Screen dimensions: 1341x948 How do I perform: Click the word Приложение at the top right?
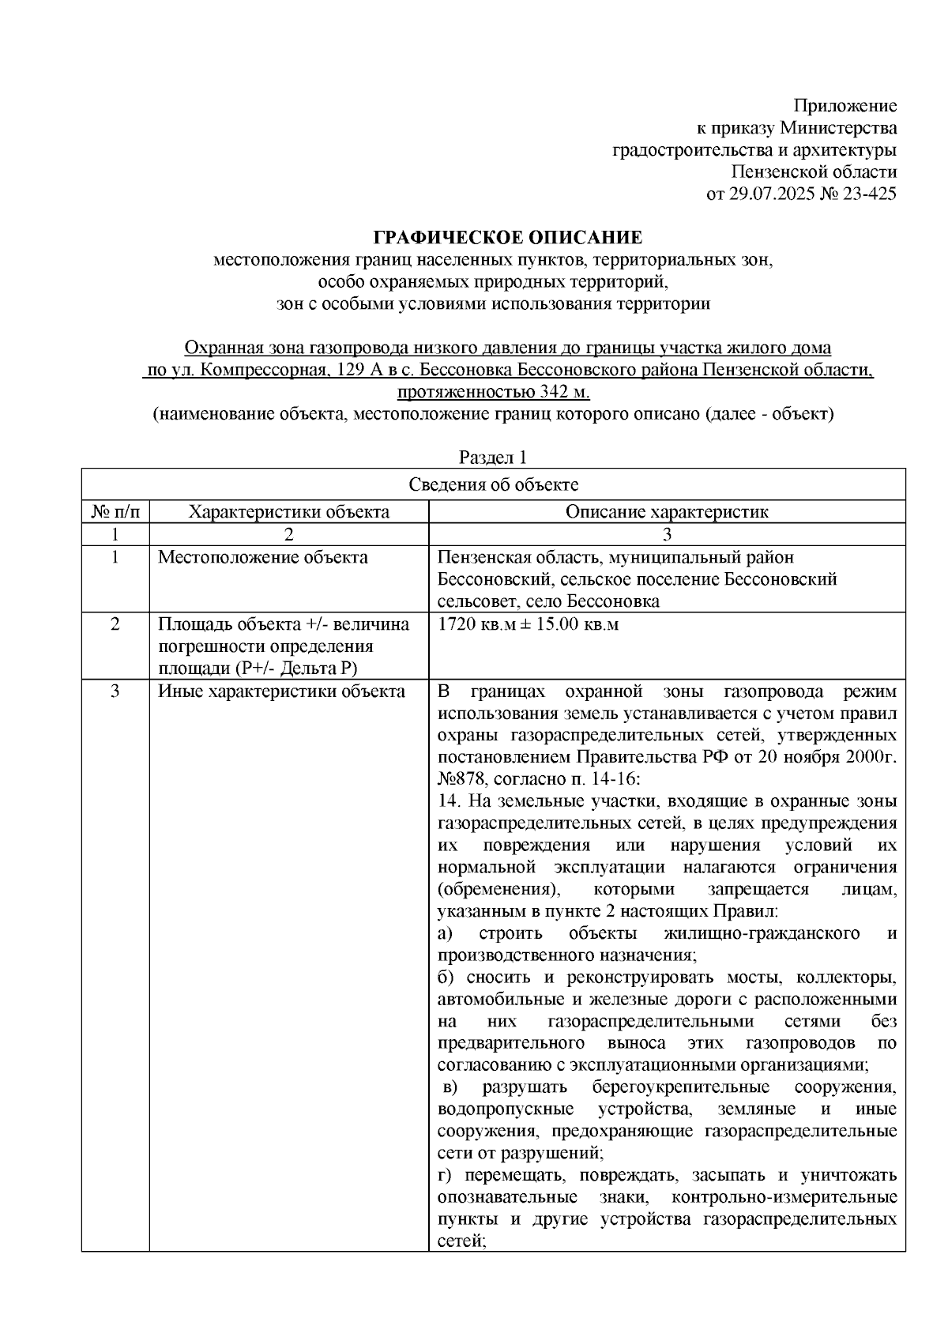(845, 106)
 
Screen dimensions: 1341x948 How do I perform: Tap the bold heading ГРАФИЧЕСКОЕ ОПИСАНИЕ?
(508, 237)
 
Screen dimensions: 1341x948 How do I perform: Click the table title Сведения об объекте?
(493, 484)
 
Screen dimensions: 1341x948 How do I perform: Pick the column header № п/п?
(115, 511)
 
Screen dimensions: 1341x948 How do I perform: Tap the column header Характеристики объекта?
(288, 511)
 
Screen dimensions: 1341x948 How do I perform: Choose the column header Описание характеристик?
(666, 511)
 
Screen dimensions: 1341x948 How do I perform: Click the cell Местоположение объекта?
(263, 557)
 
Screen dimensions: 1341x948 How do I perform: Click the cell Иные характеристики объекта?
(281, 691)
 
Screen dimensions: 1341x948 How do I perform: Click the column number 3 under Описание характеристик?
(666, 534)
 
